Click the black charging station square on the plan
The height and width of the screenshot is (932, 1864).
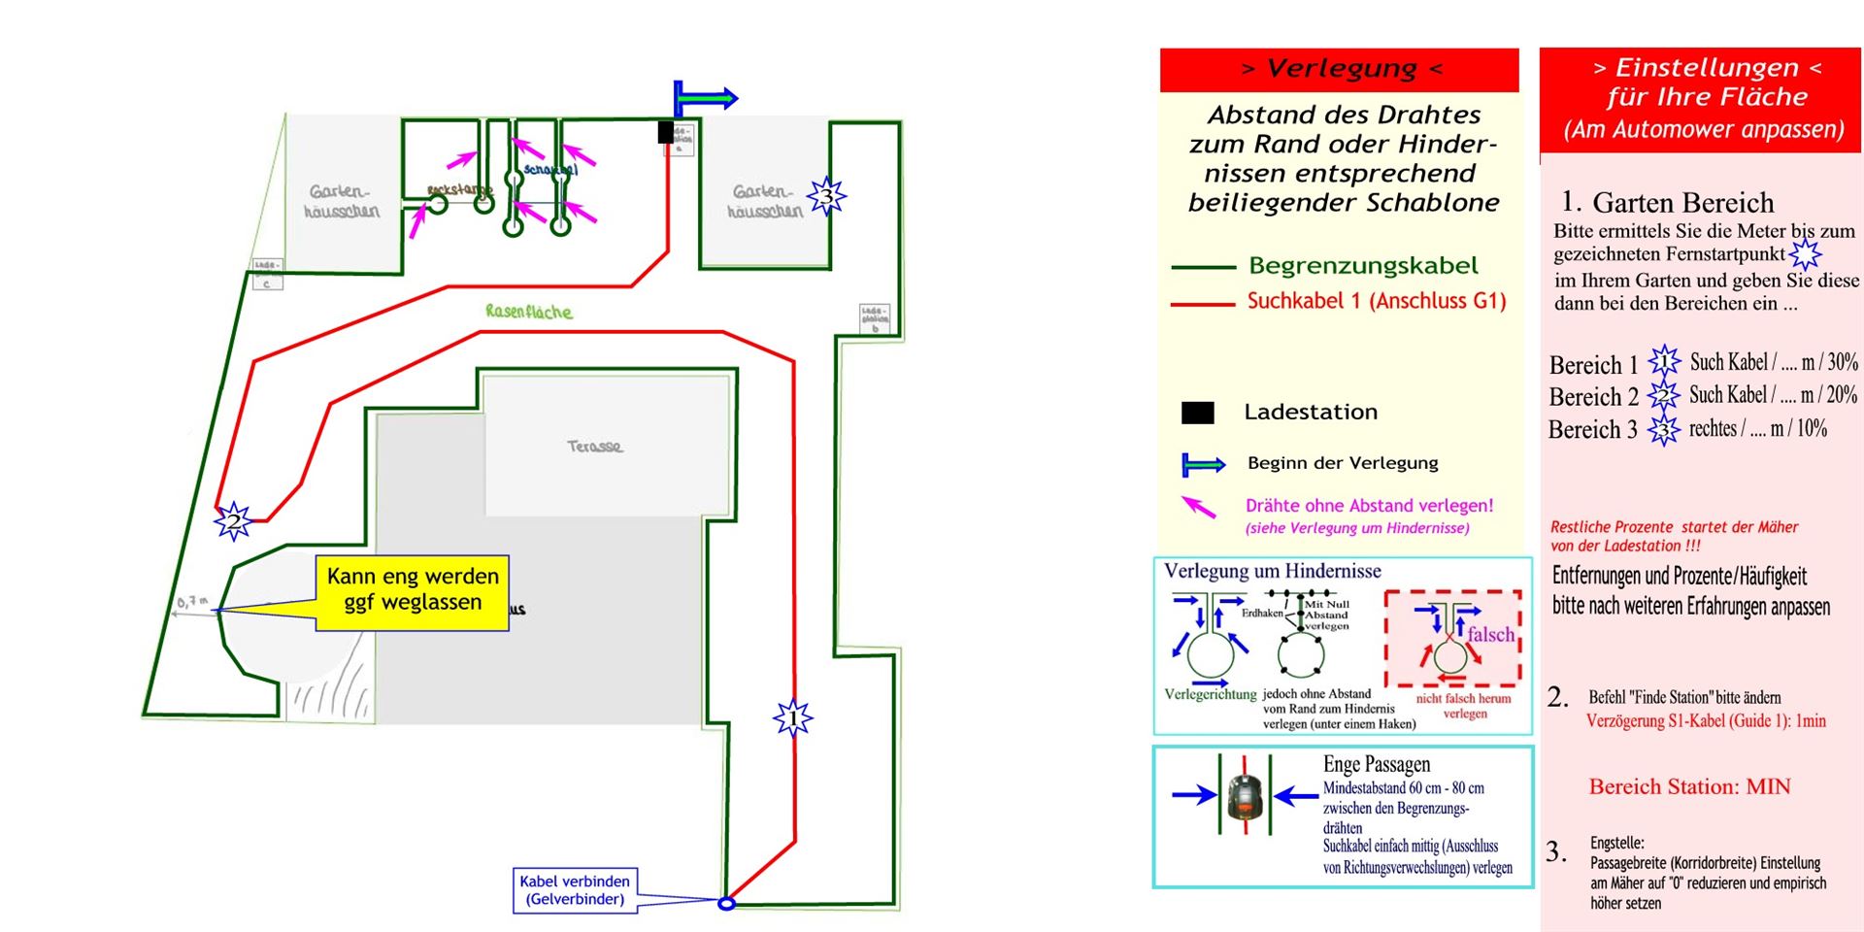click(665, 131)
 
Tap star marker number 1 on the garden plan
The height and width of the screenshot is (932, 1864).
click(793, 718)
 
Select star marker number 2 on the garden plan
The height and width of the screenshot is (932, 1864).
click(233, 521)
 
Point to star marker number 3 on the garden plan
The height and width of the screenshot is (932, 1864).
click(826, 197)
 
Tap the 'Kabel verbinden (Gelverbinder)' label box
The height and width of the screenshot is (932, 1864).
click(575, 890)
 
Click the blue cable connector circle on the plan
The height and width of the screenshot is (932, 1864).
click(726, 904)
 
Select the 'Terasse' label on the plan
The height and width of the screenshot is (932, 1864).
click(595, 447)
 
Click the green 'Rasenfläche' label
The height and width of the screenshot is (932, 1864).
click(529, 312)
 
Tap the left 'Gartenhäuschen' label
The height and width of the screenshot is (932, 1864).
click(342, 201)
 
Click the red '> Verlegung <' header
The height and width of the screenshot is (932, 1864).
click(1340, 69)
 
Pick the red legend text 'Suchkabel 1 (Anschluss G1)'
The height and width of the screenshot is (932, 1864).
click(1376, 301)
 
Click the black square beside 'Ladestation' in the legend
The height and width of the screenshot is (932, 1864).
click(1197, 413)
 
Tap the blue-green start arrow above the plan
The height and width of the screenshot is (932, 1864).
click(706, 98)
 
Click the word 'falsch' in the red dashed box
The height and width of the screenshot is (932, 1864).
click(1490, 634)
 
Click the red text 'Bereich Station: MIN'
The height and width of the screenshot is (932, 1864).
click(1689, 786)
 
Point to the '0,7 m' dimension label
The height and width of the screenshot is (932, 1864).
click(192, 602)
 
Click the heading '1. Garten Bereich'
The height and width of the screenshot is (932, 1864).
click(1667, 202)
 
